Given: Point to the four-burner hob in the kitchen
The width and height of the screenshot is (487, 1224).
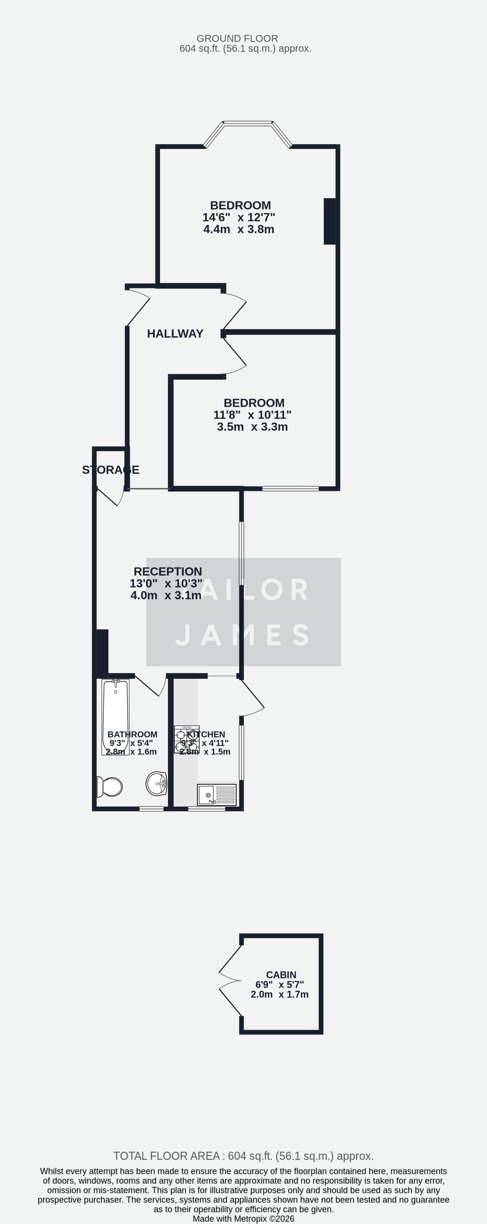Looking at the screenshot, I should click(x=187, y=739).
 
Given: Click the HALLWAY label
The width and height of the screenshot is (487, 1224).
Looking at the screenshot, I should click(x=175, y=334).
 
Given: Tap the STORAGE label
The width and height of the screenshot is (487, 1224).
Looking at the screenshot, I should click(x=111, y=470).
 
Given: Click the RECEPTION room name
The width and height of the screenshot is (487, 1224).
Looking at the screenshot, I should click(x=168, y=572).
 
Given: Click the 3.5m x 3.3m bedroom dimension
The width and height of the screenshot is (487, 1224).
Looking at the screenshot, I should click(x=252, y=427).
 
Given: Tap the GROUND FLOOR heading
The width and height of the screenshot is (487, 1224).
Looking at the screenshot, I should click(x=237, y=39).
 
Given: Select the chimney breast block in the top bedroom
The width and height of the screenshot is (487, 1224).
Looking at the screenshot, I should click(x=329, y=221).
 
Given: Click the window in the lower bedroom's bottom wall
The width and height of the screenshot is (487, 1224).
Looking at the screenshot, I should click(x=290, y=488).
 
